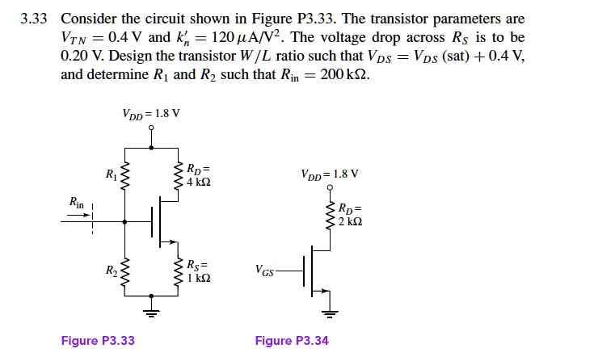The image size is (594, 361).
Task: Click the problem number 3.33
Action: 36,19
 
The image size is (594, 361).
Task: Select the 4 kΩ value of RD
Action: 198,183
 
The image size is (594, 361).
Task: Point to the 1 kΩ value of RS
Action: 198,278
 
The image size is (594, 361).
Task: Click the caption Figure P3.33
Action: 98,341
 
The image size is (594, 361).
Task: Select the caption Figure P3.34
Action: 292,341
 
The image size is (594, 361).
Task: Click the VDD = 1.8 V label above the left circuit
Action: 151,113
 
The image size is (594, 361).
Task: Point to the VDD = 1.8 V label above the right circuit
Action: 329,174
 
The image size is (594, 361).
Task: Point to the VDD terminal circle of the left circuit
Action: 152,134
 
